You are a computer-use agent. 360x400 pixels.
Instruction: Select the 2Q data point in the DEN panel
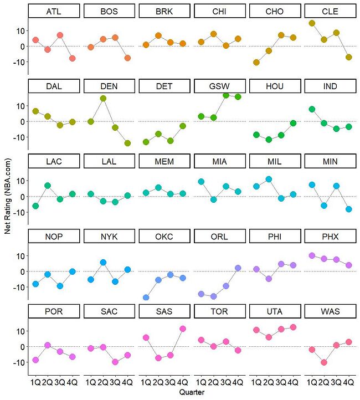tap(103, 99)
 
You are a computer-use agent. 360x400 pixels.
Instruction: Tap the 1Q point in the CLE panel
tap(312, 23)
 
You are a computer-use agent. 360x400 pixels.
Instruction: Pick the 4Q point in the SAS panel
tap(183, 329)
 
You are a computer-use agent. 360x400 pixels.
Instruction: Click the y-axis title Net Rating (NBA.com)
tap(7, 202)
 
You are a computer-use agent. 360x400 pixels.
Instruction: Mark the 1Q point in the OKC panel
tap(146, 298)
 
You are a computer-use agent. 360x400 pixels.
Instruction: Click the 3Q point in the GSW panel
tap(226, 95)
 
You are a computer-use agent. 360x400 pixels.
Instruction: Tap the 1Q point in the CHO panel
tap(256, 63)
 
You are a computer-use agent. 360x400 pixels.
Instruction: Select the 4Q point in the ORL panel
tap(238, 268)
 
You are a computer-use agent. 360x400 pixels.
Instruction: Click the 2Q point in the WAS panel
tap(324, 362)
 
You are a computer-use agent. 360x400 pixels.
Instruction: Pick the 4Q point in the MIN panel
tap(349, 209)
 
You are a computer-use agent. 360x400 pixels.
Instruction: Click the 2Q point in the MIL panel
tap(269, 179)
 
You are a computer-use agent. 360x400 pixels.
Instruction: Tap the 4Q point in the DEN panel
tap(127, 143)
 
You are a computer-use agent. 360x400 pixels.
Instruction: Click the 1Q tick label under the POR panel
tap(35, 382)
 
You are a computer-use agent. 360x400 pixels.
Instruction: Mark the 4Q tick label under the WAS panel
tap(349, 382)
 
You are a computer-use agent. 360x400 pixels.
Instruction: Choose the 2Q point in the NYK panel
tap(103, 262)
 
